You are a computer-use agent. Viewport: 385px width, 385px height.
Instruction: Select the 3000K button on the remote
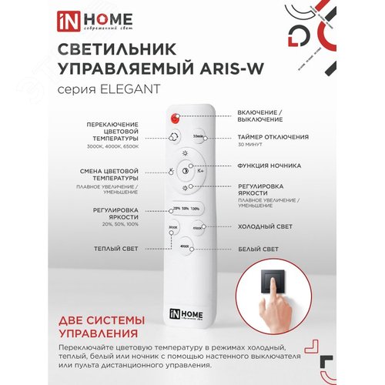click(172, 229)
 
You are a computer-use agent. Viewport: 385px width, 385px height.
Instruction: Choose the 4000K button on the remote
click(184, 247)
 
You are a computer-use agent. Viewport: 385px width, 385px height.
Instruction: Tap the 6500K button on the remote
click(197, 229)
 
